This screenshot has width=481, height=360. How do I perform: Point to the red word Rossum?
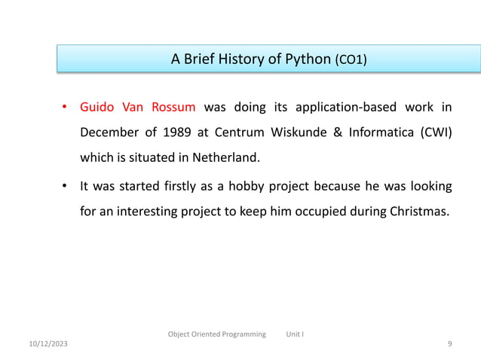click(171, 106)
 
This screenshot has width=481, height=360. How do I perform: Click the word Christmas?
click(418, 211)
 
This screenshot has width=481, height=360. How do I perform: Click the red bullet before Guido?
click(66, 106)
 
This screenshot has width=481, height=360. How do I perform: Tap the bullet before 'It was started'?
click(66, 185)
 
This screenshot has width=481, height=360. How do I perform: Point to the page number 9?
click(449, 344)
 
